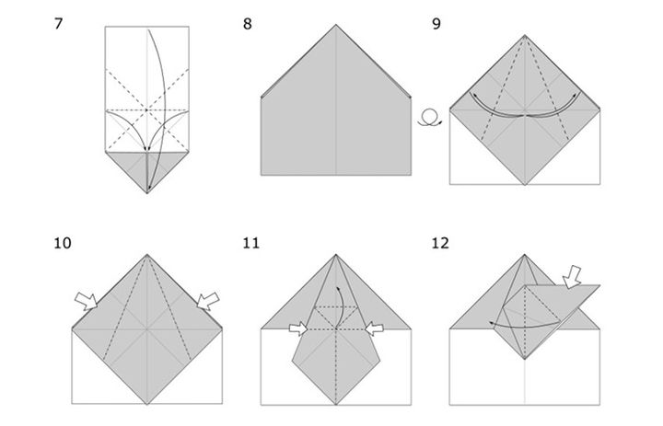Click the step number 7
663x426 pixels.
(58, 23)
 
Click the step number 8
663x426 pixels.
(248, 24)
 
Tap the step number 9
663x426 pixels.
(436, 24)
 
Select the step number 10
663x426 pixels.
(63, 243)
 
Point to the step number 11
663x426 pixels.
(251, 243)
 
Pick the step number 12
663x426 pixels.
(440, 243)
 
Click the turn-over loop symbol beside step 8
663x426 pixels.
(430, 117)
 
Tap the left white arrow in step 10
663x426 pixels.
(87, 301)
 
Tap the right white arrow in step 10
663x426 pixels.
(208, 301)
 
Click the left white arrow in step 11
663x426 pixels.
(298, 328)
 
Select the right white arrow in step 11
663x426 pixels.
(374, 328)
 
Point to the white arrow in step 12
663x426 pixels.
(573, 277)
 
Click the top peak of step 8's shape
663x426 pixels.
(336, 25)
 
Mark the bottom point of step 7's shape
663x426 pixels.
(147, 193)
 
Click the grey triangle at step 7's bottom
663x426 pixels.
(147, 166)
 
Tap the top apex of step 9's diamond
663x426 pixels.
(525, 35)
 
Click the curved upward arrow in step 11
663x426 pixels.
(341, 306)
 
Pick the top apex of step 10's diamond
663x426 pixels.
(147, 255)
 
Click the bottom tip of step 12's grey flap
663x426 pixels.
(525, 359)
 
